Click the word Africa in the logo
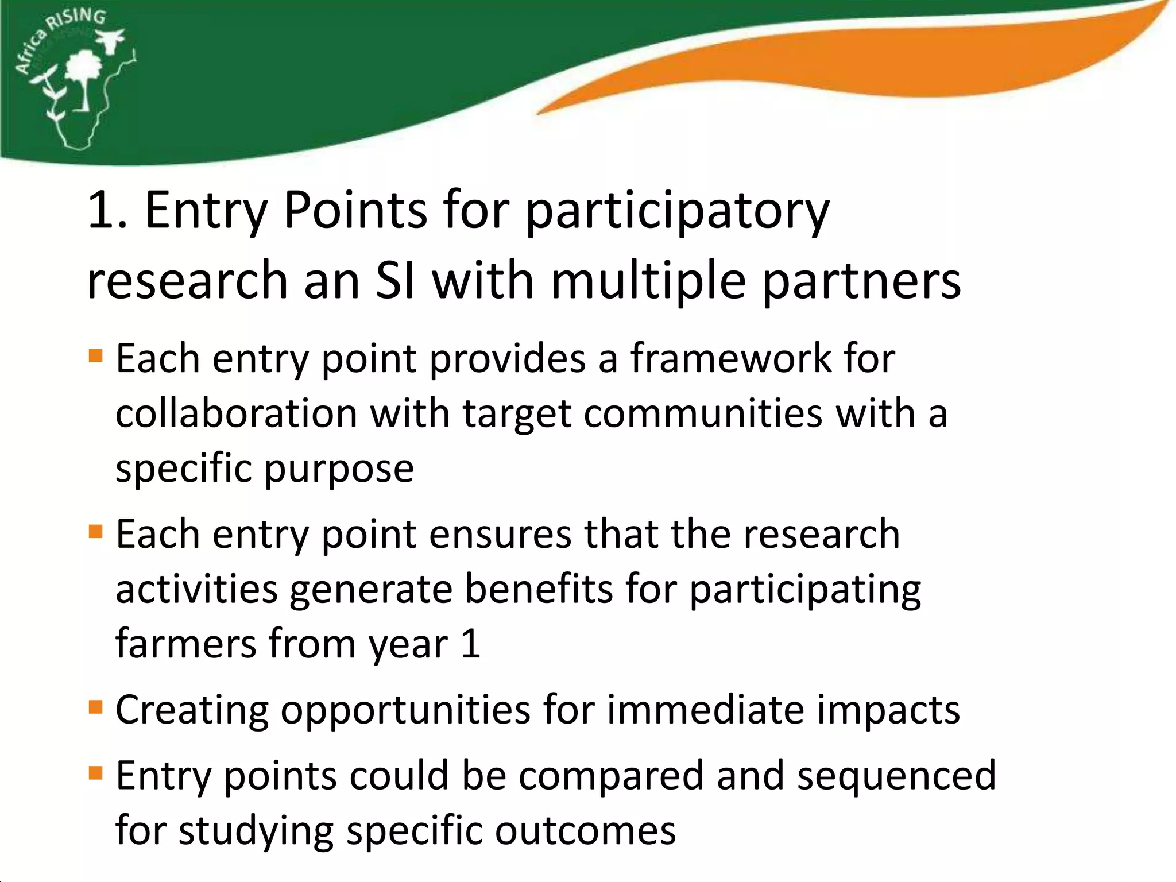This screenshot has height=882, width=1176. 31,53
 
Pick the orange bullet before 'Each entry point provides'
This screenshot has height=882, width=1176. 96,357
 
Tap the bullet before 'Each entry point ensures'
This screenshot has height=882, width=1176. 96,532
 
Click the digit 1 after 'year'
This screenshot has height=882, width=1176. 470,644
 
